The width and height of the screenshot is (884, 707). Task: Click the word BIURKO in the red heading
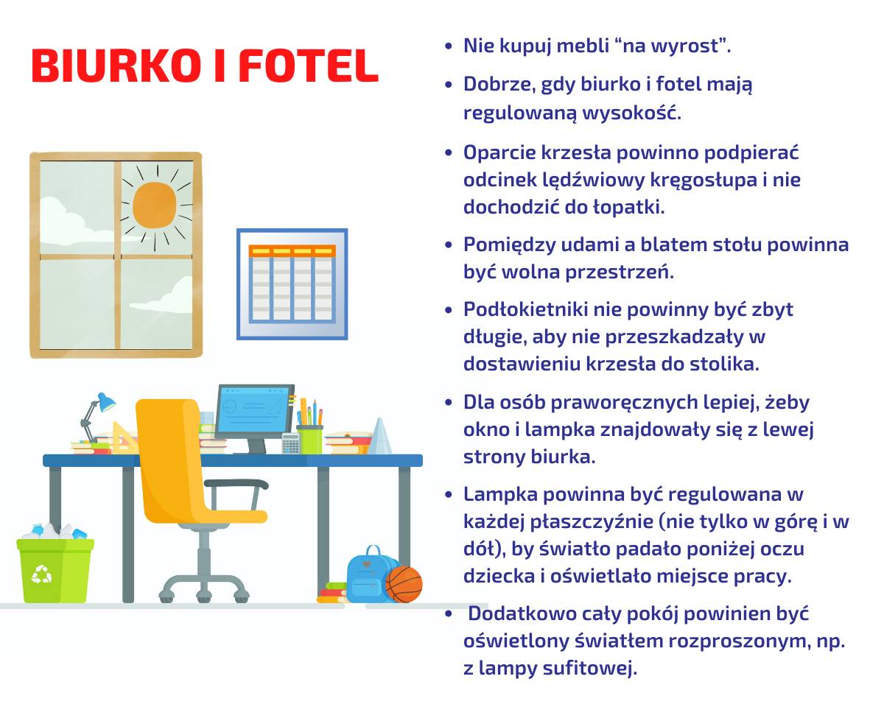[x=116, y=66]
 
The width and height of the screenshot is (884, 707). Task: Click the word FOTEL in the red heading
[x=308, y=66]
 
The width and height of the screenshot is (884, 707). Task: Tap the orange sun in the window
[x=155, y=205]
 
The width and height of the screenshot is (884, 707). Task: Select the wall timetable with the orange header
[x=292, y=284]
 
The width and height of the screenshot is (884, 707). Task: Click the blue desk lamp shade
[x=105, y=402]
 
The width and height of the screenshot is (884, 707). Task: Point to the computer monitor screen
[x=254, y=409]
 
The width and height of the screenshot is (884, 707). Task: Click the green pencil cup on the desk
[x=309, y=439]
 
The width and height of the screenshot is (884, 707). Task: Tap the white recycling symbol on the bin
[x=41, y=574]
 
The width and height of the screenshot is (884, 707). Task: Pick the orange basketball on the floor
[x=404, y=585]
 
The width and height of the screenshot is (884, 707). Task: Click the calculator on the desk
[x=290, y=443]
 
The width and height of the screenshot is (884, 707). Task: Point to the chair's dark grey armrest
[x=236, y=484]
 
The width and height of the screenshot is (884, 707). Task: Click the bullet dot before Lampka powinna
[x=449, y=494]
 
